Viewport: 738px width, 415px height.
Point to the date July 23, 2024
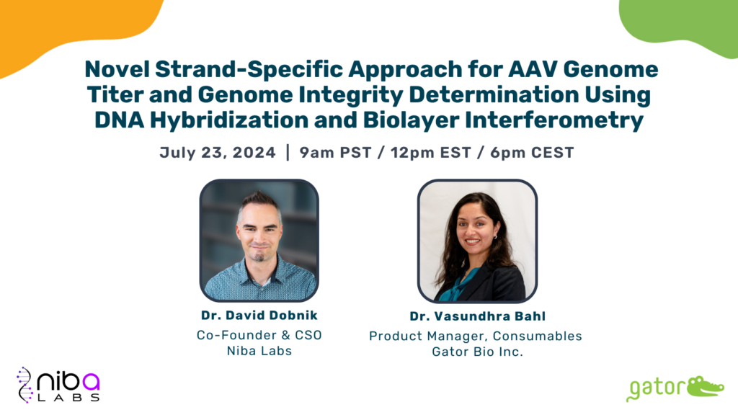(218, 153)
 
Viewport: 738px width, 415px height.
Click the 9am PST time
(335, 153)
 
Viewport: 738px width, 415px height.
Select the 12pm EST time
(431, 153)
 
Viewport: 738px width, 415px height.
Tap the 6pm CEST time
(532, 153)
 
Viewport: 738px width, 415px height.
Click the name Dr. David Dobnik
(259, 316)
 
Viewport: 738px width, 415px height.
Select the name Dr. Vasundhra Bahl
(477, 316)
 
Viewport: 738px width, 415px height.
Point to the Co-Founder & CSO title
(259, 335)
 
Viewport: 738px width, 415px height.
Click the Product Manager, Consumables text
(476, 336)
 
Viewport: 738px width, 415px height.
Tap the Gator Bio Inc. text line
(477, 352)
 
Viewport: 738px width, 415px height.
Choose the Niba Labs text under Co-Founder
(259, 351)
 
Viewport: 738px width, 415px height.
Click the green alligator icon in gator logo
(705, 386)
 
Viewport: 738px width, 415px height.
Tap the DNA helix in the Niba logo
(25, 385)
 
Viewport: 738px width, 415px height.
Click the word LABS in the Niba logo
(68, 398)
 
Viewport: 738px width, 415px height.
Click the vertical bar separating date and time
(288, 153)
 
